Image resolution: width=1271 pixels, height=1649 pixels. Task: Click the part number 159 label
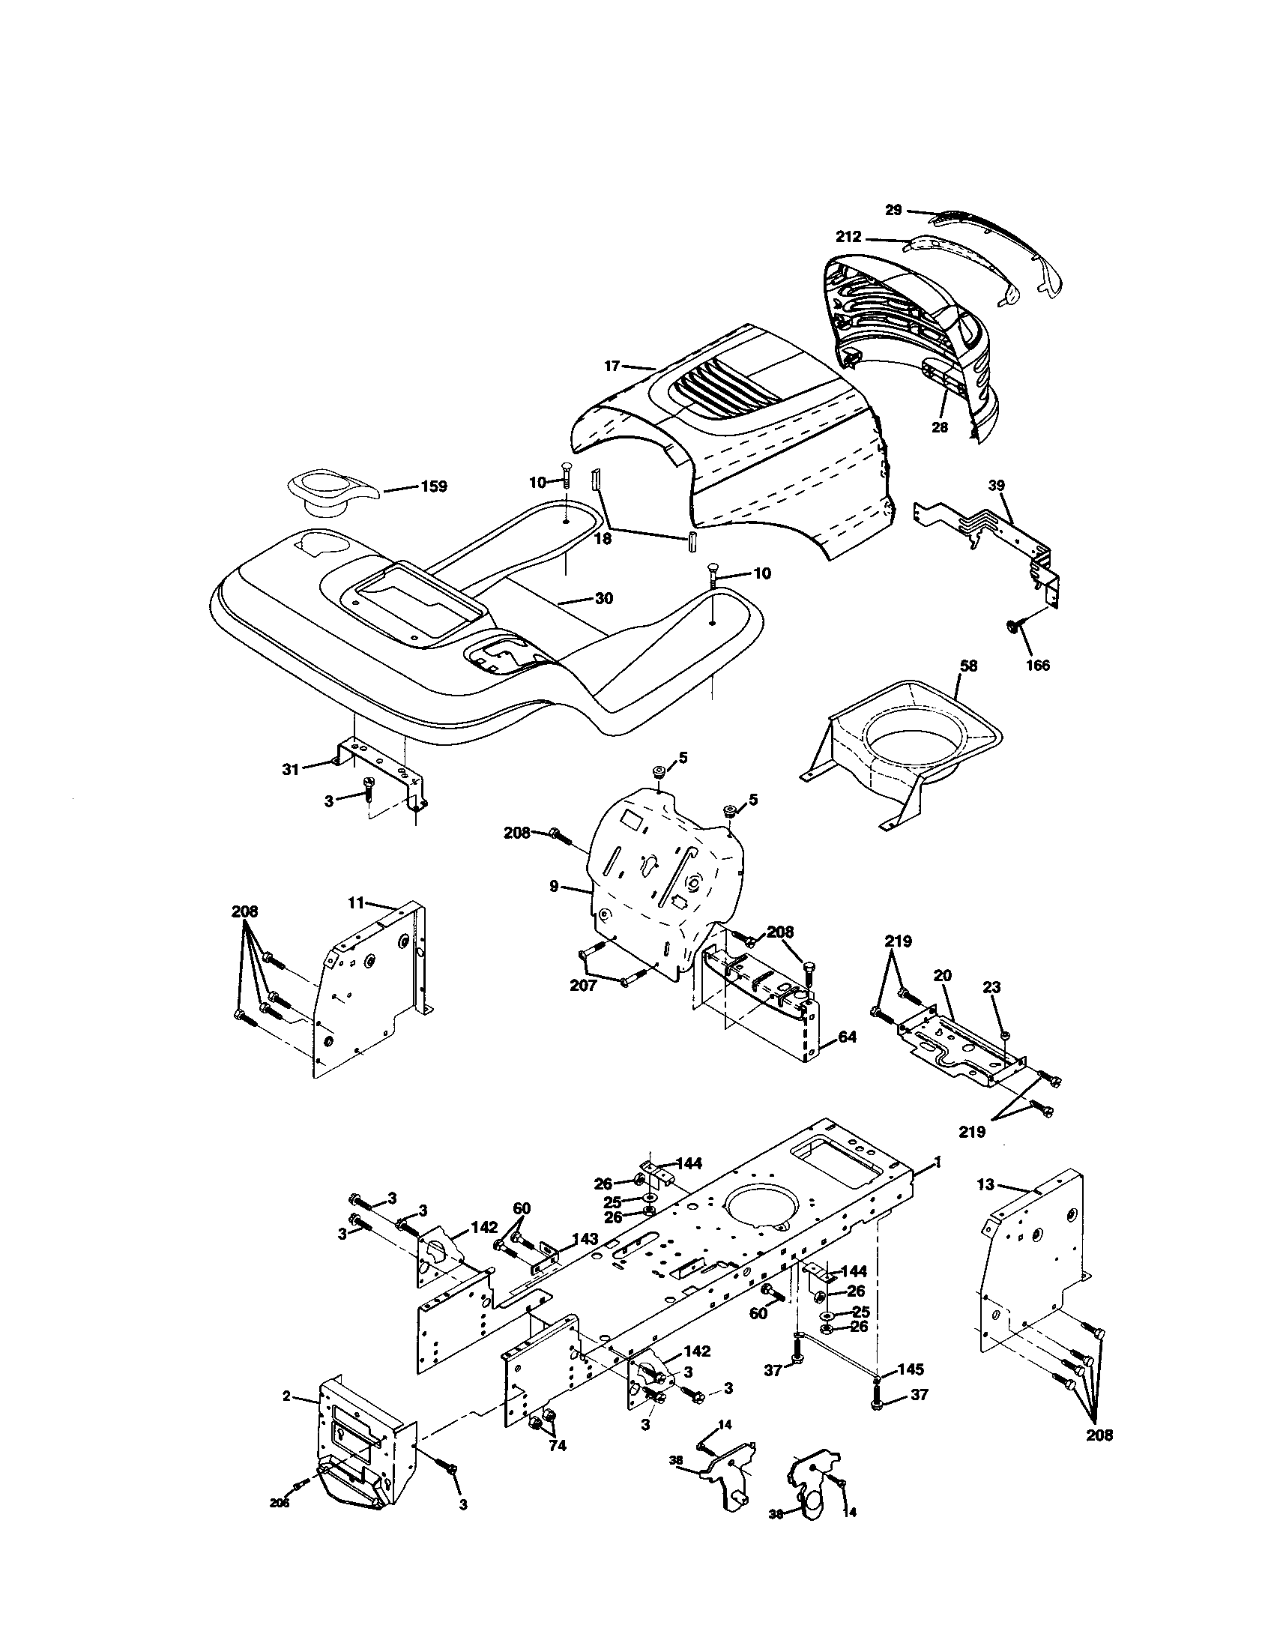[x=433, y=486]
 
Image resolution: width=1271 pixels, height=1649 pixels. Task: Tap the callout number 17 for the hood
[x=612, y=366]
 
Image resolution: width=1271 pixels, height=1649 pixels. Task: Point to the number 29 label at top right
[x=893, y=210]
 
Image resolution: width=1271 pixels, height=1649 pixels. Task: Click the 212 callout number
[x=848, y=237]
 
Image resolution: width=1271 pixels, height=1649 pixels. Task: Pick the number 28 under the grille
[x=939, y=426]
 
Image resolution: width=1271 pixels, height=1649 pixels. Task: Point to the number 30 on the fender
[x=604, y=598]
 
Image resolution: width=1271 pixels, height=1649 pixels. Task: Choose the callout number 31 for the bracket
[x=291, y=769]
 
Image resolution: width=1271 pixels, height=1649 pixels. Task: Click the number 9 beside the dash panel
[x=554, y=887]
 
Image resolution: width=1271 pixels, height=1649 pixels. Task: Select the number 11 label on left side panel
[x=356, y=902]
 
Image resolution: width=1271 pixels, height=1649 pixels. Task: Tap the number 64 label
[x=847, y=1037]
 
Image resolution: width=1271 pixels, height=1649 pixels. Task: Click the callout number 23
[x=991, y=986]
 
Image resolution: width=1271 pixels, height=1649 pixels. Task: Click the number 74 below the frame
[x=558, y=1445]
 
